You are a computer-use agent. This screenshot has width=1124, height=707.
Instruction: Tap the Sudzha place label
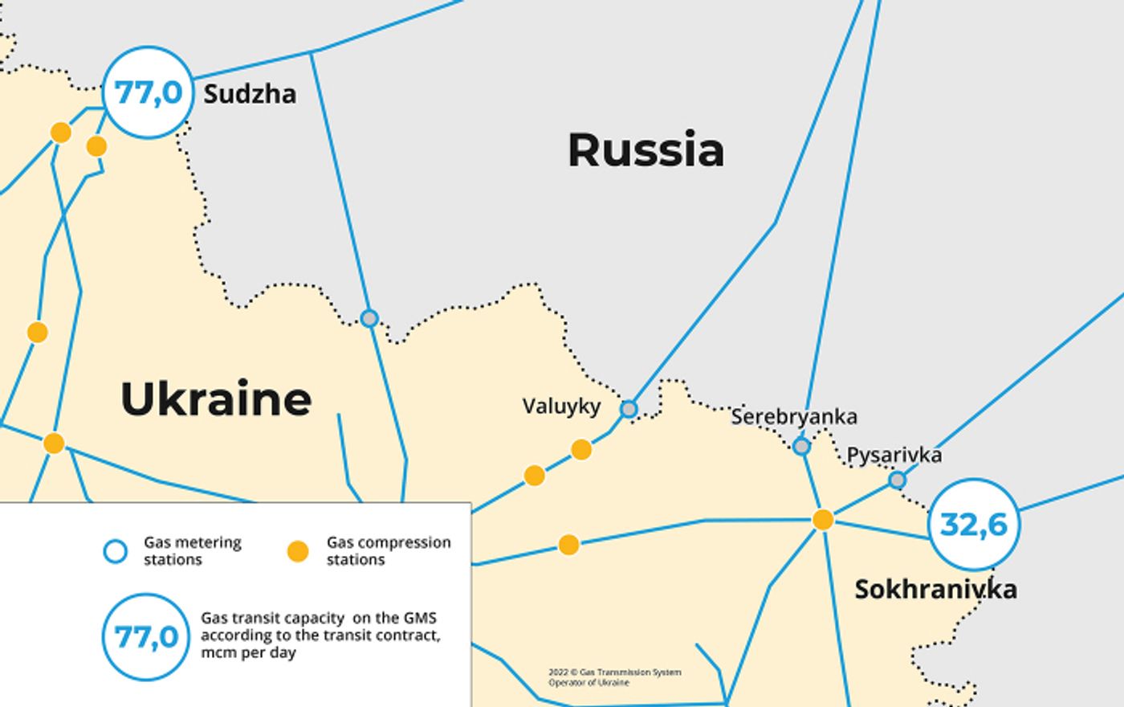[250, 95]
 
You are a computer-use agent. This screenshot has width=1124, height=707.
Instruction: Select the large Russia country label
[645, 150]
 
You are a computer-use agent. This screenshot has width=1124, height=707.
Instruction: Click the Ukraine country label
[216, 399]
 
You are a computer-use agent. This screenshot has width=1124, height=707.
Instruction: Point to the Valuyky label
[561, 407]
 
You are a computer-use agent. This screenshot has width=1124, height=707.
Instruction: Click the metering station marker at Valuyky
[629, 410]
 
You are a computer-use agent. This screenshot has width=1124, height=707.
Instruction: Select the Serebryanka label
[793, 417]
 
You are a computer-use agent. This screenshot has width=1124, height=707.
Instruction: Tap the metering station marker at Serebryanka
[801, 446]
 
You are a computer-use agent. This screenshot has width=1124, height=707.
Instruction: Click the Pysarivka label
[894, 456]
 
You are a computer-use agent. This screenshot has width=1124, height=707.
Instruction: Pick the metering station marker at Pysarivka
[898, 480]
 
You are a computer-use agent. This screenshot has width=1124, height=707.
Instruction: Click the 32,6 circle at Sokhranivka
[973, 525]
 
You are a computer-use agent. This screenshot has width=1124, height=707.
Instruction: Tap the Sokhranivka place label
[935, 590]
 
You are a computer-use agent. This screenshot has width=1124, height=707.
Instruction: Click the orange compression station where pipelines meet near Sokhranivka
[823, 520]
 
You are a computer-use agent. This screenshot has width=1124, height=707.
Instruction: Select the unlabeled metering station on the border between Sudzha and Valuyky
[369, 318]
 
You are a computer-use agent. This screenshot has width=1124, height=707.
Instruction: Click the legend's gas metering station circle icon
[116, 551]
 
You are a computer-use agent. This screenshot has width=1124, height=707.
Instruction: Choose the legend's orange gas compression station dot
[298, 551]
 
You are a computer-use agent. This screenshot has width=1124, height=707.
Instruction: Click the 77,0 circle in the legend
[146, 637]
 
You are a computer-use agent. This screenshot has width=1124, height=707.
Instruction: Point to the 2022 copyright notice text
[614, 677]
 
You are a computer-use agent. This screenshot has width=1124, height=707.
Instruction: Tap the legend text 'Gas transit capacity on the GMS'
[319, 619]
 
